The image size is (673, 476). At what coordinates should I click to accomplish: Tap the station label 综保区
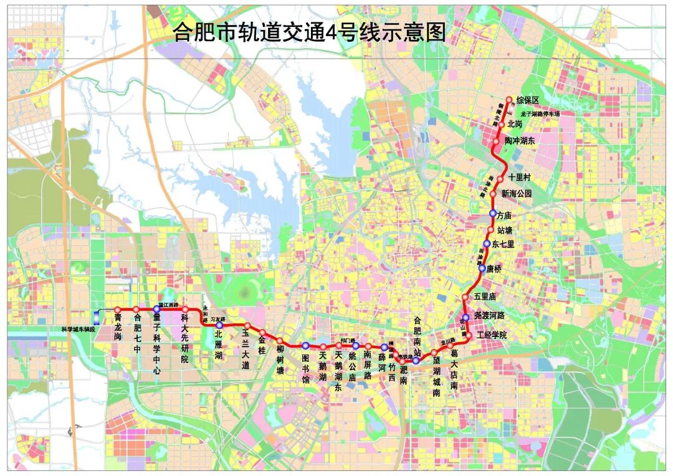coord(527,100)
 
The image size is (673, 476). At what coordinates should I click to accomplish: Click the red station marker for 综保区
coord(508,100)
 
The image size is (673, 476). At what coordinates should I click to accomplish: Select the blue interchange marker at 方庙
coord(493,213)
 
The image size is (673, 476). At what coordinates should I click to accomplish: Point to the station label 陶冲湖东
coord(520,141)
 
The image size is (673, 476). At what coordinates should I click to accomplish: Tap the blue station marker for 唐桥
coord(482,269)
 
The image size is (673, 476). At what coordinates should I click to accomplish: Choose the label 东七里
coord(504,244)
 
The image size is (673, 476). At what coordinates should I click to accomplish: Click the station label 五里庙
coord(485,297)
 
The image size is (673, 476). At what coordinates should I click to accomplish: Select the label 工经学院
coord(492,335)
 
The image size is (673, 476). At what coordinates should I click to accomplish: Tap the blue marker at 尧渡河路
coord(465,317)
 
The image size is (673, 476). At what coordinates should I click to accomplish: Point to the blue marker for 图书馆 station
coord(305,346)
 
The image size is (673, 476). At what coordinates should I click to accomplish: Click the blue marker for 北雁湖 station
coord(219,325)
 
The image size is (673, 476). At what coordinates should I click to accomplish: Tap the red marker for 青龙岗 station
coord(117,310)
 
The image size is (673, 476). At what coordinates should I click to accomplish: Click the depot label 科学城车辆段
coord(78,328)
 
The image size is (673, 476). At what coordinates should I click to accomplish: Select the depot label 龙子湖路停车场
coord(540,114)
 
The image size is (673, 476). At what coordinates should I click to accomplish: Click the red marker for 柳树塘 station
coord(280,340)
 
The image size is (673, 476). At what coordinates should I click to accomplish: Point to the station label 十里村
coord(519,178)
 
